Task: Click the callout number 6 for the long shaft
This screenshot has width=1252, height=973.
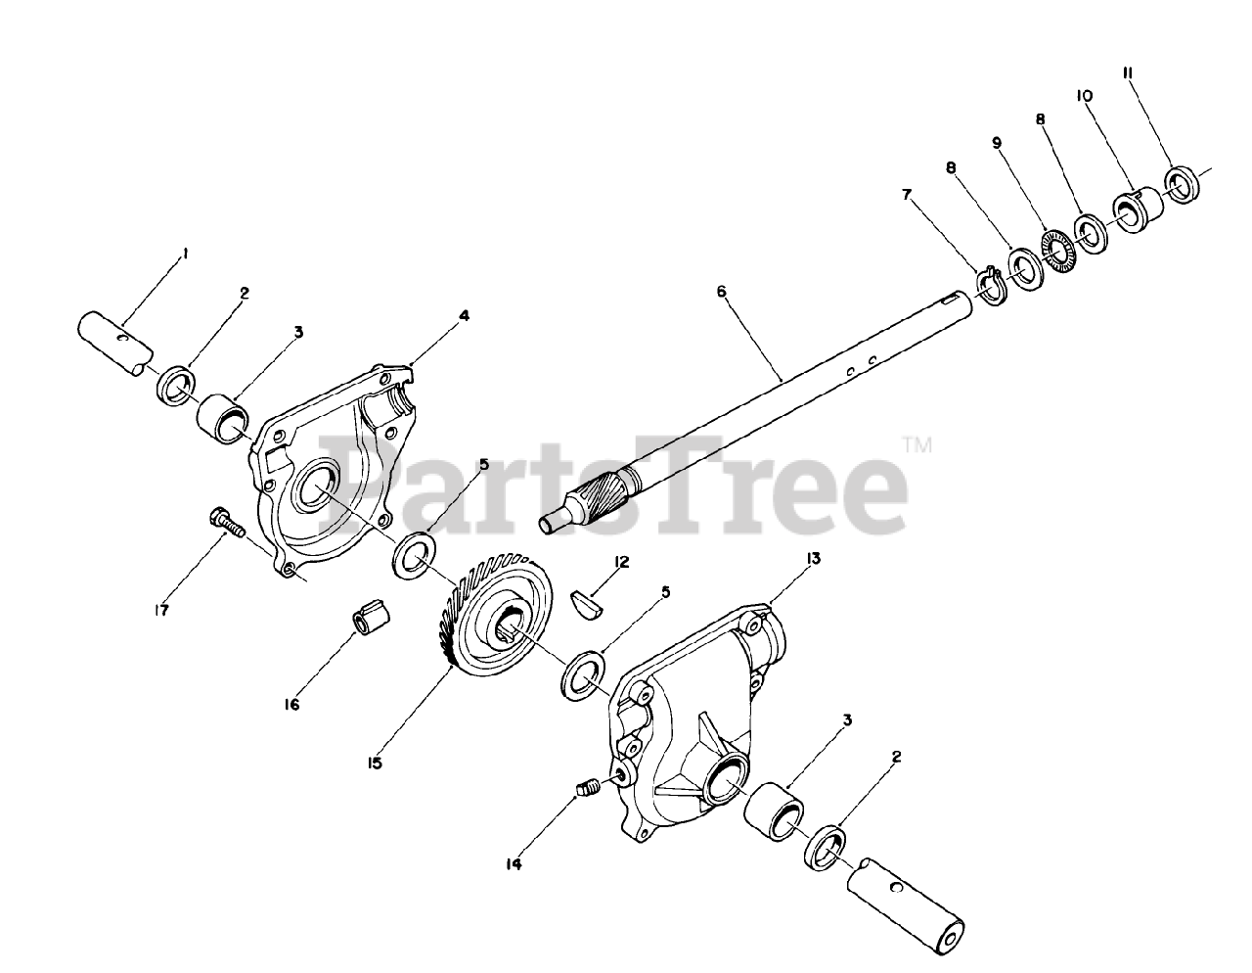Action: (721, 292)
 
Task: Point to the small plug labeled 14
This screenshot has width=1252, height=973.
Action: (587, 786)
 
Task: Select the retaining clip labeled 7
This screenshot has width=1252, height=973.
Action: (989, 287)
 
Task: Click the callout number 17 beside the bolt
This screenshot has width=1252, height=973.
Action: (161, 610)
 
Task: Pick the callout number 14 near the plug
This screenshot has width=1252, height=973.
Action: (514, 863)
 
